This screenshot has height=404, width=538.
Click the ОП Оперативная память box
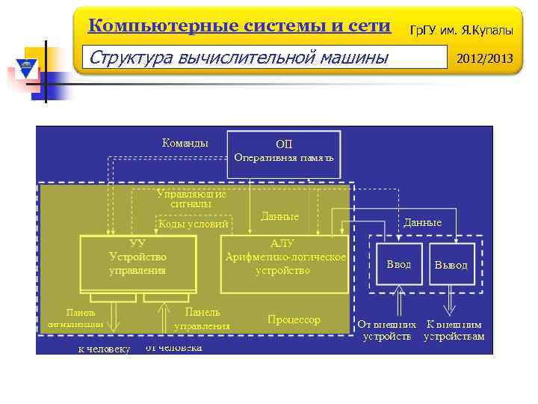(283, 154)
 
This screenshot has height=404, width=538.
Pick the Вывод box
(451, 265)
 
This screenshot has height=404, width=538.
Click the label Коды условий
(193, 224)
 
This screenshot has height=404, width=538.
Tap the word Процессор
(294, 319)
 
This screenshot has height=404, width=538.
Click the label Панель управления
(202, 319)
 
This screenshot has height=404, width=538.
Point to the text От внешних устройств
(387, 331)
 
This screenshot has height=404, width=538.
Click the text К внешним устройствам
(454, 331)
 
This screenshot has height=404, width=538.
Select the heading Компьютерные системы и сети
(239, 26)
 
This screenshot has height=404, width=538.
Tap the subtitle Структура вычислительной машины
(238, 57)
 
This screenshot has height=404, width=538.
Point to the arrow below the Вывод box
(451, 303)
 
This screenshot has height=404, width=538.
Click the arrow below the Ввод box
(399, 303)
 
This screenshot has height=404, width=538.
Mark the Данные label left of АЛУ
(279, 216)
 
